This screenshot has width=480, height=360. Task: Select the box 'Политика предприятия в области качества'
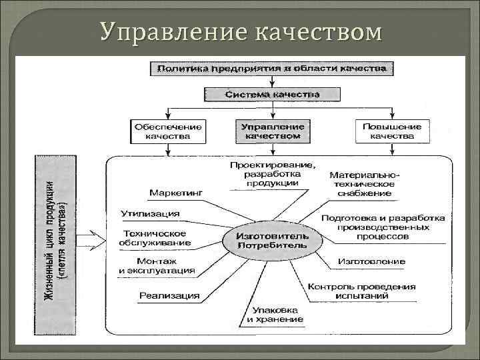pos(272,68)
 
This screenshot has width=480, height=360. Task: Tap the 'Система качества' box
pos(272,94)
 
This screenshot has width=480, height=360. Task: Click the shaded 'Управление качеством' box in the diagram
pos(272,131)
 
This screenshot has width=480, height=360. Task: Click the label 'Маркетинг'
pos(176,192)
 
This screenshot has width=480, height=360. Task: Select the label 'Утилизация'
pos(150,213)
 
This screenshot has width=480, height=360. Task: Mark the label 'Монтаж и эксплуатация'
pos(157,265)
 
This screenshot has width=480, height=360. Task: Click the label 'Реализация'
pos(169,295)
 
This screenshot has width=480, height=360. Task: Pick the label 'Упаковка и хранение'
pos(275,315)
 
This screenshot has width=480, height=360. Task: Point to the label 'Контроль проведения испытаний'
pos(361,291)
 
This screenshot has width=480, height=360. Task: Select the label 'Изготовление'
pos(362,261)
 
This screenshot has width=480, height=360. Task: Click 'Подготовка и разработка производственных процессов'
pos(383,227)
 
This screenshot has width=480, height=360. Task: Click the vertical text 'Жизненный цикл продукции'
pos(51,247)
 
